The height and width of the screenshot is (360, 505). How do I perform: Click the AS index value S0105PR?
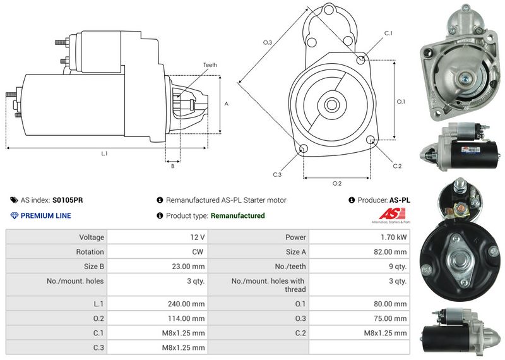pos(67,200)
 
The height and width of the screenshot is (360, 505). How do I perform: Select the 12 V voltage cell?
pos(197,237)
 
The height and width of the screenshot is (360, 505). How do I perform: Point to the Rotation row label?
pos(90,252)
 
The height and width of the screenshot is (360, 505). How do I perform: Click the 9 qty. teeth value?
pos(398,267)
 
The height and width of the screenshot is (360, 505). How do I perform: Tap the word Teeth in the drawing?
pos(210,65)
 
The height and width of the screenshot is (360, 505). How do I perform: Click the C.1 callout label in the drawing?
pos(388,33)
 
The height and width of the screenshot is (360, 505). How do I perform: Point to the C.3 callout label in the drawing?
pos(277,174)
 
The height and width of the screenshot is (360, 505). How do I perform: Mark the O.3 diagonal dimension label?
pos(268,42)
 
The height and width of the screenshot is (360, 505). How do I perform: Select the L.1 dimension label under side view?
pos(104,153)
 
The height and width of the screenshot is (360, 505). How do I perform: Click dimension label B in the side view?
pos(172,166)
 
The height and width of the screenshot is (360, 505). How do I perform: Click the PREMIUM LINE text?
pos(46,216)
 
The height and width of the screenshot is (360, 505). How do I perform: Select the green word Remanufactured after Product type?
pos(237,216)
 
